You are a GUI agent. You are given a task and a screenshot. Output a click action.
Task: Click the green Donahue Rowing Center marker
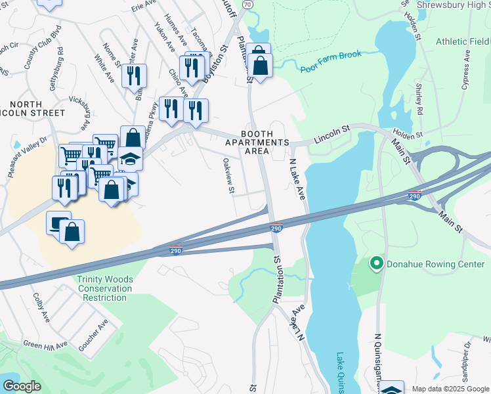tap(376, 265)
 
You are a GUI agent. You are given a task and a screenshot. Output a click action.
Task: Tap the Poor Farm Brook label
tap(331, 62)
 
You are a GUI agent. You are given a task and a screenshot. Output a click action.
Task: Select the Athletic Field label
tap(463, 41)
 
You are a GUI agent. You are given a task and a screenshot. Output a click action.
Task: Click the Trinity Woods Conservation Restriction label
tap(105, 288)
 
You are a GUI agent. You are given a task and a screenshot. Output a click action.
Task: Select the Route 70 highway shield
tap(247, 4)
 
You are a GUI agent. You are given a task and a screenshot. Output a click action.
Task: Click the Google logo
tap(22, 386)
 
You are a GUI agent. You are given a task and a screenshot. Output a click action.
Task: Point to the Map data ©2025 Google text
tap(450, 388)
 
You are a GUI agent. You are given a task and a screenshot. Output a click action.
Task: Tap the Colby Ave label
tap(41, 307)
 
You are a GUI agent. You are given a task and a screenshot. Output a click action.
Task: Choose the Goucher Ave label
tap(93, 335)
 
